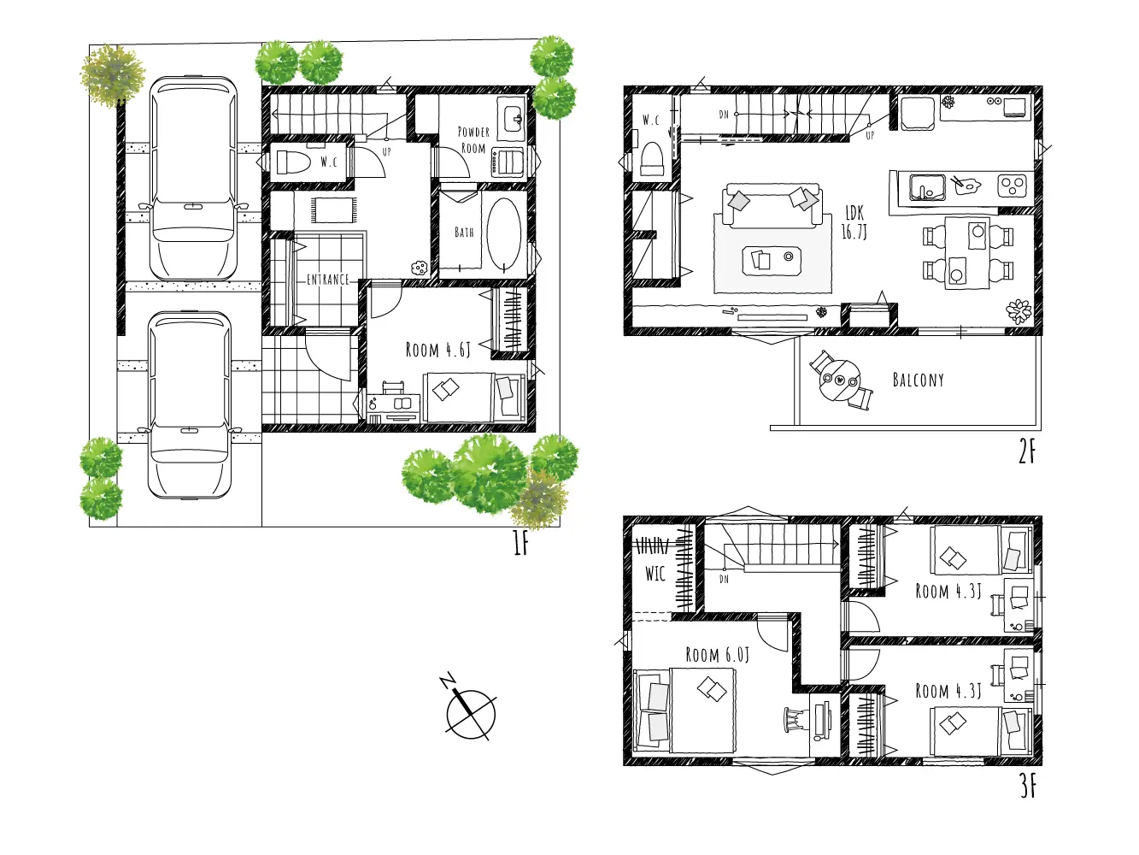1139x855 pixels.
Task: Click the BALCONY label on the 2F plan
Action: pos(918,380)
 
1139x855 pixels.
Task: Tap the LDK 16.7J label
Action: pos(854,222)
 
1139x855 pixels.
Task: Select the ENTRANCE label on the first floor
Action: pos(327,280)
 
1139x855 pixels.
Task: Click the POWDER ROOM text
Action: pos(473,140)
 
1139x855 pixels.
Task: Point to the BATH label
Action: pos(464,232)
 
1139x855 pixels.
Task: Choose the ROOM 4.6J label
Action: pos(438,350)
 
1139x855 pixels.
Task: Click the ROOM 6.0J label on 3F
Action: pos(717,655)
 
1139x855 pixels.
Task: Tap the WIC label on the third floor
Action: pos(655,574)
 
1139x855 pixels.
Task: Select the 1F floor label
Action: pos(520,543)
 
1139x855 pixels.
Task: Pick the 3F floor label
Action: pos(1027,787)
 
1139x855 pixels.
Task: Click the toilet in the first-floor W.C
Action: pos(293,162)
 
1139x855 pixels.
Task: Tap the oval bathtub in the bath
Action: pos(503,234)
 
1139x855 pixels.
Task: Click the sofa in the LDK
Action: pos(772,205)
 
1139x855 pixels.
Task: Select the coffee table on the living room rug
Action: pos(772,261)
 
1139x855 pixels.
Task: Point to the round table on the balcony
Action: pos(840,380)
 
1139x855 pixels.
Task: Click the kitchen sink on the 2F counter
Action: pos(926,187)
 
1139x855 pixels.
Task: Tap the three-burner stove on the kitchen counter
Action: pos(1013,186)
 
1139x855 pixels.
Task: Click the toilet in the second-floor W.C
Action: pos(653,159)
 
